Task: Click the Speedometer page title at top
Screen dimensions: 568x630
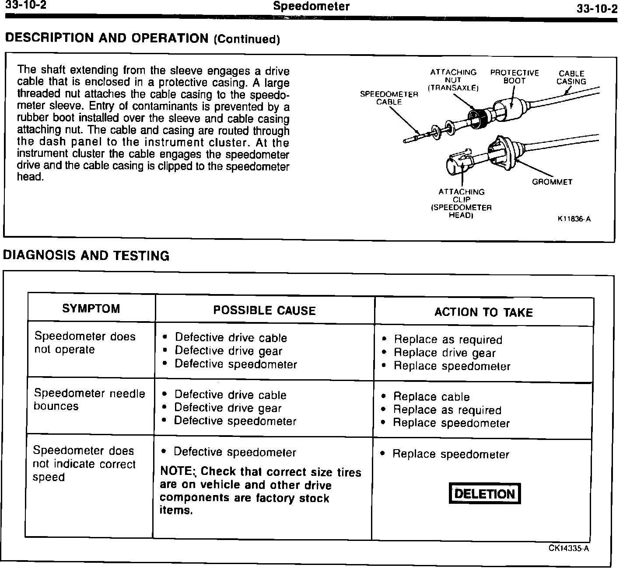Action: [311, 7]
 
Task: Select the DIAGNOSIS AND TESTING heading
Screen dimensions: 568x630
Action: [86, 256]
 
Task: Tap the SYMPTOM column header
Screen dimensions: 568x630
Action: [91, 309]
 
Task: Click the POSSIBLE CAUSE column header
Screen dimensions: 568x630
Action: [264, 311]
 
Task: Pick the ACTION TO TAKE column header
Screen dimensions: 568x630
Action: [483, 312]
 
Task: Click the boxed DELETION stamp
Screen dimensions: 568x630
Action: [485, 494]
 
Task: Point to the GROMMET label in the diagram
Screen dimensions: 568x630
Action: [552, 182]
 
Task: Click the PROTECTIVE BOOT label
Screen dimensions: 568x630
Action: [514, 77]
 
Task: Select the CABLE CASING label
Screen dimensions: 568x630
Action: [571, 77]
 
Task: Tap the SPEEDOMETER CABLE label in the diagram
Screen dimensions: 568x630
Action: [389, 98]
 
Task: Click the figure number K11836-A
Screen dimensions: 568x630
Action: [574, 219]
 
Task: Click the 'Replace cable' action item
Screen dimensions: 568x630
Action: [431, 397]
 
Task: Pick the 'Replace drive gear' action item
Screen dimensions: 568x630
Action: [444, 353]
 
